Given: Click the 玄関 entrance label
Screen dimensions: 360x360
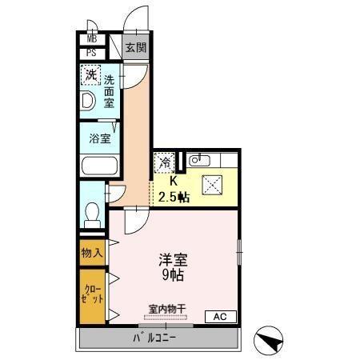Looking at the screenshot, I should (x=136, y=48).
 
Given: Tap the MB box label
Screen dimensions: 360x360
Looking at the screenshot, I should (x=91, y=38).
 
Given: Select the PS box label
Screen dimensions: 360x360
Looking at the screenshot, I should (x=91, y=54).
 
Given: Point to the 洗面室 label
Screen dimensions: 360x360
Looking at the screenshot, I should (x=109, y=91).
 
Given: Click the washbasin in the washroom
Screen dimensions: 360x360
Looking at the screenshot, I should (x=87, y=100).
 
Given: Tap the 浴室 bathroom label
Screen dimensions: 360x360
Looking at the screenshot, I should (x=100, y=138).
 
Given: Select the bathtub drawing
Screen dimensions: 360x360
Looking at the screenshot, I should (x=100, y=167).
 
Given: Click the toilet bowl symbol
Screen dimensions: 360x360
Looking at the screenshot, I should (x=93, y=214).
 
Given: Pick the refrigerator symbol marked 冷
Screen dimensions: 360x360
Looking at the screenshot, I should (x=162, y=162).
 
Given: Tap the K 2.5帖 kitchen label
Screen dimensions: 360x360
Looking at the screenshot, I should (x=173, y=189).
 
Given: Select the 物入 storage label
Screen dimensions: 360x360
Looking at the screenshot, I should (x=91, y=253).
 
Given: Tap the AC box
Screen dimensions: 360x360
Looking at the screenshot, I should (x=219, y=317).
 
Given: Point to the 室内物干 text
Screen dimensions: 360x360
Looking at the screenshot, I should (x=166, y=308).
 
